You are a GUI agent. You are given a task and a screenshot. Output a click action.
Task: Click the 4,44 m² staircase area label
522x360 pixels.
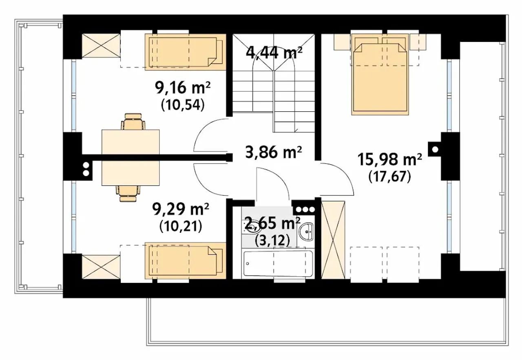click(x=274, y=53)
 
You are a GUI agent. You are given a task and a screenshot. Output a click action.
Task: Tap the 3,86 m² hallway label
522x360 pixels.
click(x=274, y=152)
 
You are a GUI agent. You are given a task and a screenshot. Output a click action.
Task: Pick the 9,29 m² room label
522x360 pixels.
click(x=181, y=209)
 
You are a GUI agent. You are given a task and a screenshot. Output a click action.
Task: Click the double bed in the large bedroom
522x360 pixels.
click(x=380, y=74)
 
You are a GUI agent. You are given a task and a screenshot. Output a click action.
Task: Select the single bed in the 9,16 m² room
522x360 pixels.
click(x=186, y=52)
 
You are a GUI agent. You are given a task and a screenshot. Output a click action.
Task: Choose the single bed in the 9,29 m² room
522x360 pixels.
click(x=186, y=261)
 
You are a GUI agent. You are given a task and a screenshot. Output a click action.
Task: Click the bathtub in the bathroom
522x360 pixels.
click(x=278, y=264)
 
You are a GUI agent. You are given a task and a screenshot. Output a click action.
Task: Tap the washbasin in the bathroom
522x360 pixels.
click(x=306, y=232)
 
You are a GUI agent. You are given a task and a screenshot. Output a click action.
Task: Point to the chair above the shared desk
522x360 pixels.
click(x=133, y=121)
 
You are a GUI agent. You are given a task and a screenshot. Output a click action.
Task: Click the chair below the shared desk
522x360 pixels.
click(x=128, y=193)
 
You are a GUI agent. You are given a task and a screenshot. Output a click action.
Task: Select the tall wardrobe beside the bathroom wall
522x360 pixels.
click(x=333, y=240)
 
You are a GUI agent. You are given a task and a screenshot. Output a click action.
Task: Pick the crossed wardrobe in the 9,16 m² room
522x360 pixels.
click(x=101, y=45)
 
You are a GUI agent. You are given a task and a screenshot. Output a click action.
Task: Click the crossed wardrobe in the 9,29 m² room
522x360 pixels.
click(x=101, y=267)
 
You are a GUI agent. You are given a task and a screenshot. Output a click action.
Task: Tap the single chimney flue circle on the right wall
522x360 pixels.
click(x=435, y=149)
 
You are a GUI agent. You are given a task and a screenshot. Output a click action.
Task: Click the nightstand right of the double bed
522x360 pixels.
click(x=418, y=42)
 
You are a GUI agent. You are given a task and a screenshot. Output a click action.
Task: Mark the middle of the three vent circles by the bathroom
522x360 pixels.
click(x=305, y=210)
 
